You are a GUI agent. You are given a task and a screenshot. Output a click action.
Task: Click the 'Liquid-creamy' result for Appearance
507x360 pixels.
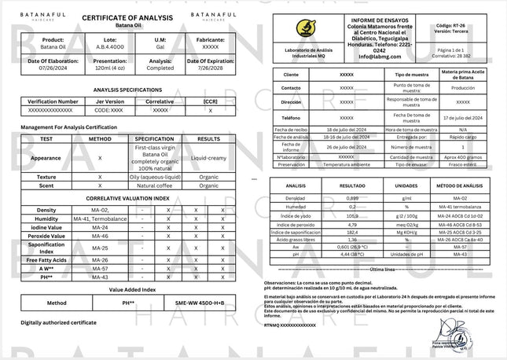pos(209,158)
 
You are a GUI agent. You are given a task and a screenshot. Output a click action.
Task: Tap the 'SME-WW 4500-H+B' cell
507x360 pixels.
pos(200,303)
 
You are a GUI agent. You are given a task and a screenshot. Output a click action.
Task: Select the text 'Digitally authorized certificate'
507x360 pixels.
pos(58,322)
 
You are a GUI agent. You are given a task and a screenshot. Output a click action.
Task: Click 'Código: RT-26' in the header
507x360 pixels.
pos(454,26)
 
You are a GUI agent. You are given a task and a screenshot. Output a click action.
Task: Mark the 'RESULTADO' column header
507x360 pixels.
pos(352,186)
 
